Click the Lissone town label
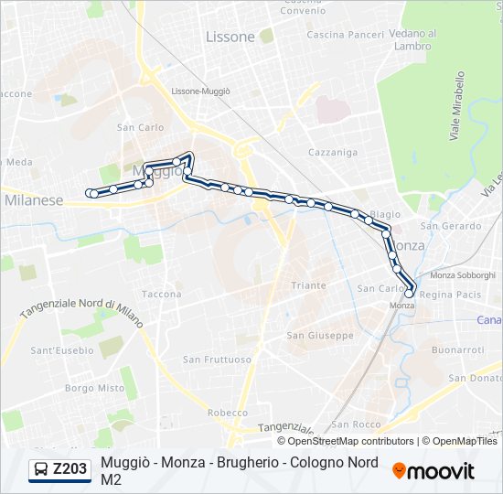tap(230, 38)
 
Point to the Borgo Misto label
tap(95, 388)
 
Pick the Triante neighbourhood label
tap(308, 285)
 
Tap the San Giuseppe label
tap(320, 336)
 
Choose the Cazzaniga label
tap(333, 152)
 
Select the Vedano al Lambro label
tap(412, 40)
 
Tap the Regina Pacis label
tap(450, 295)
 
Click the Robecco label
tap(228, 413)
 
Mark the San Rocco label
tap(356, 424)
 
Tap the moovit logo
tap(433, 471)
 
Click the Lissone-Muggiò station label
tap(201, 91)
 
